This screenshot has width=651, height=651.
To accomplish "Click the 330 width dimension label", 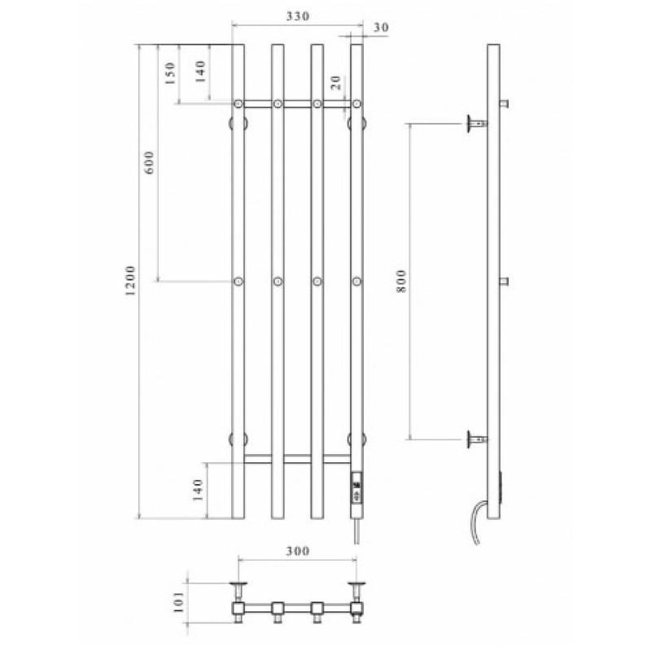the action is tap(298, 16).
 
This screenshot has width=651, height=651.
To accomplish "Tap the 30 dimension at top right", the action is tap(381, 28).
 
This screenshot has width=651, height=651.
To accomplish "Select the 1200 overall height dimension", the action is tap(130, 281).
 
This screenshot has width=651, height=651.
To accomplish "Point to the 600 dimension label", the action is tap(150, 162).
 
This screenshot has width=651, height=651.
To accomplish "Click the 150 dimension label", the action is tap(170, 73).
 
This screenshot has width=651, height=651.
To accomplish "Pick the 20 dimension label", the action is tap(335, 83).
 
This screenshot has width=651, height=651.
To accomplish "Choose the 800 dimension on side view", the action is tap(401, 281).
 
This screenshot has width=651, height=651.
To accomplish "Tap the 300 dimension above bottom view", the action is tap(298, 551).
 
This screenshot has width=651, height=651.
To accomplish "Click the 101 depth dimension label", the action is tap(177, 602).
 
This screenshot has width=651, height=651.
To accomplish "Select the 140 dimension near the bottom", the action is tap(199, 490).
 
